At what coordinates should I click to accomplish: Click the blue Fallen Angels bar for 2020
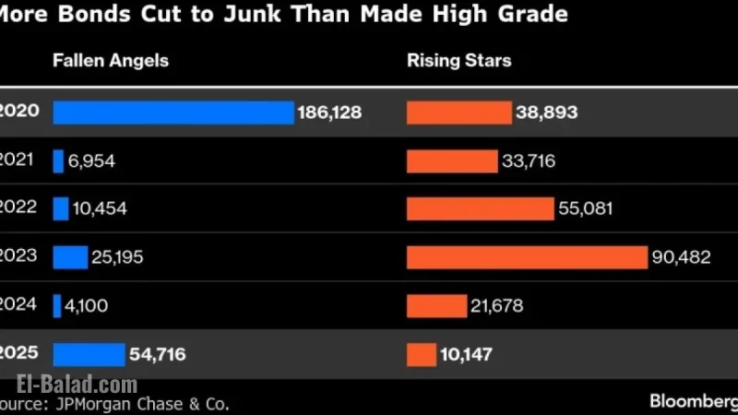click(173, 113)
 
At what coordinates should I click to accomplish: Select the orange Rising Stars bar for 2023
click(527, 257)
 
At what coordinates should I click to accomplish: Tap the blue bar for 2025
click(89, 355)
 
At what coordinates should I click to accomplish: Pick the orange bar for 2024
click(436, 306)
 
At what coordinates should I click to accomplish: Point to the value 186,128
click(329, 113)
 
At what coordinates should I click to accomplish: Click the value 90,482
click(681, 257)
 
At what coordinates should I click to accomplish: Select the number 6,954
click(91, 161)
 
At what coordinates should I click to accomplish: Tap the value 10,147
click(466, 354)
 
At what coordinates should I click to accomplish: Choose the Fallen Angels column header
click(111, 61)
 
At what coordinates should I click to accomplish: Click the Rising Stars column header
click(458, 61)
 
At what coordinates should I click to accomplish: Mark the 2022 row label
click(18, 207)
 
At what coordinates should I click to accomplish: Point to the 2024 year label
click(18, 304)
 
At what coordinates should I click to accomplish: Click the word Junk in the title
click(252, 14)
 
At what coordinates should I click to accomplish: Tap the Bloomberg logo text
click(694, 401)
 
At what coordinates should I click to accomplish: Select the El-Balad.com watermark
click(77, 385)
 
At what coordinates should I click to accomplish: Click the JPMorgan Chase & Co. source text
click(142, 404)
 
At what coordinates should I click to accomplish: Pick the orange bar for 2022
click(481, 209)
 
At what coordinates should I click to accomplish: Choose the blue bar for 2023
click(71, 257)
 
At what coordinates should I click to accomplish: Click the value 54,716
click(157, 354)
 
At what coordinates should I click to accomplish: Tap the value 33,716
click(529, 161)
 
